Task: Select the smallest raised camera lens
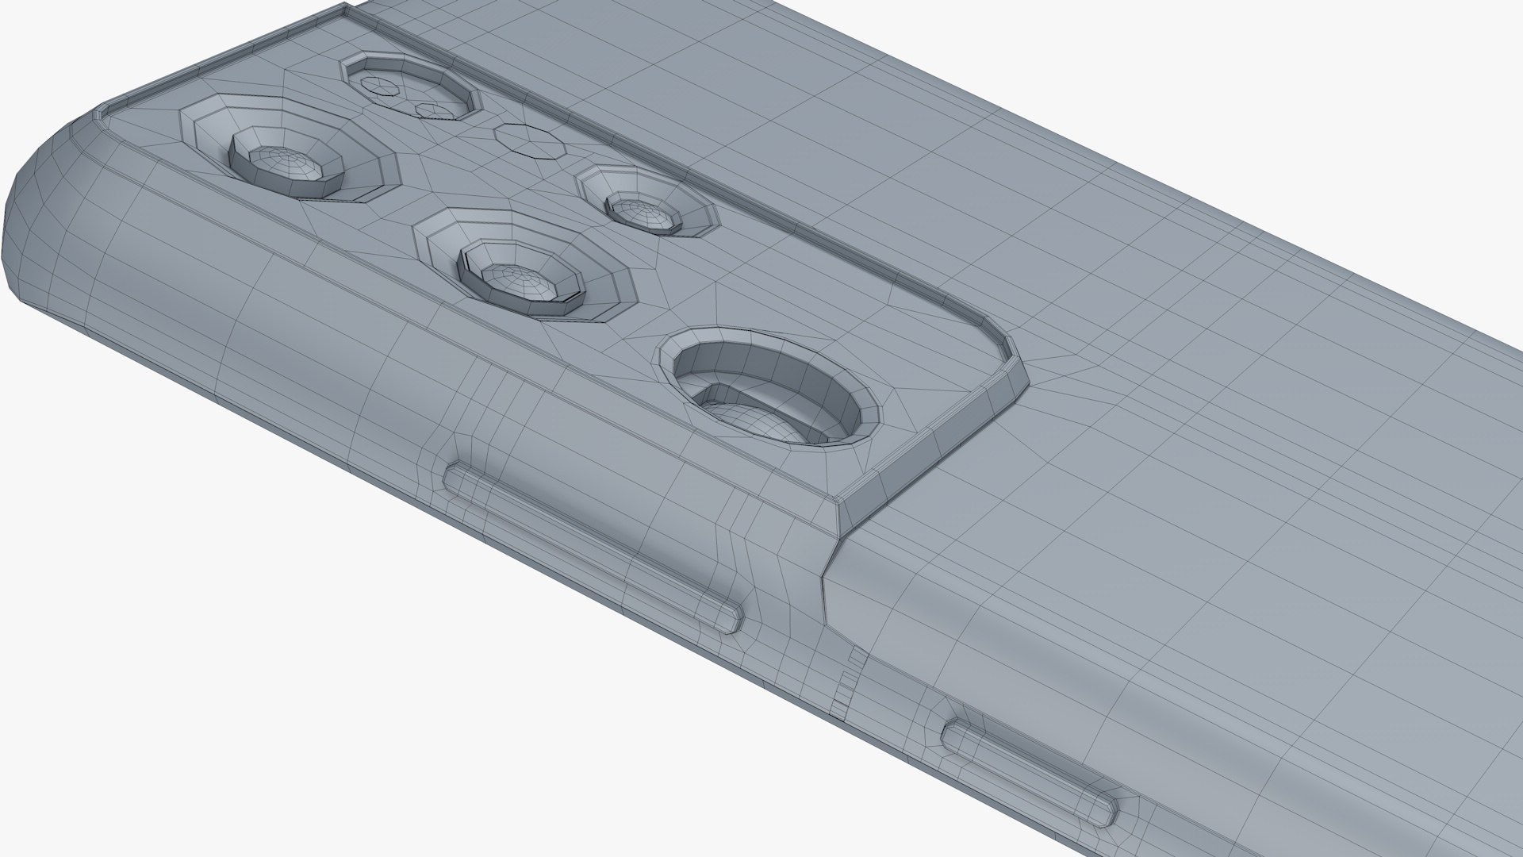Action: click(643, 209)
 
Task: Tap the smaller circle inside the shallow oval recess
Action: click(435, 110)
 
